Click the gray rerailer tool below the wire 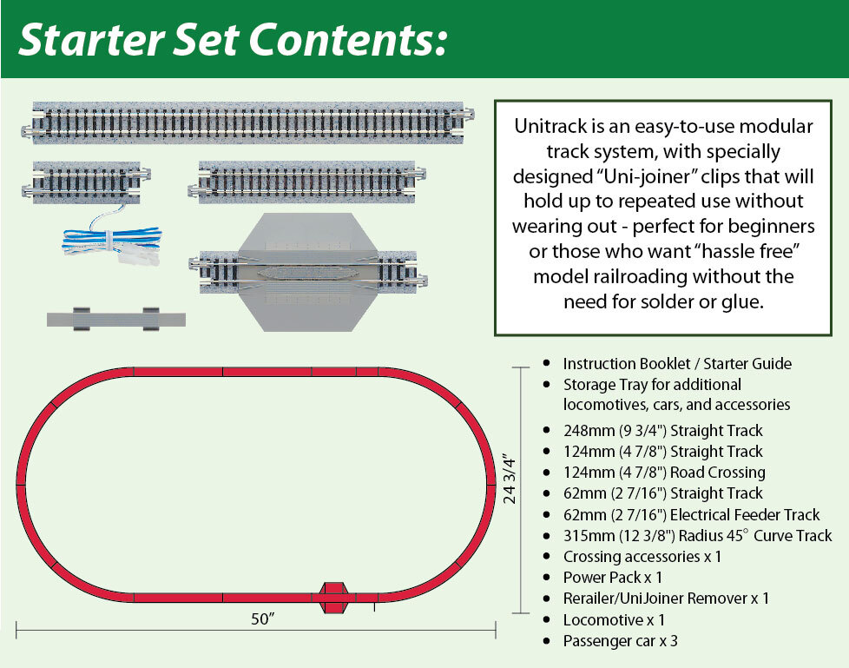[x=116, y=318]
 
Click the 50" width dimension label [x=260, y=618]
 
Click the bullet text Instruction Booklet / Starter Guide [x=677, y=364]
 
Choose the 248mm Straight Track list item [x=662, y=431]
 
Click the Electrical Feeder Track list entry [x=691, y=515]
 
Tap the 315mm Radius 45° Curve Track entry [x=697, y=536]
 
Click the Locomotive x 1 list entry [x=614, y=620]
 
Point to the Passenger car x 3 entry [x=620, y=641]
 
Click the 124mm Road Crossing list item [x=664, y=473]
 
